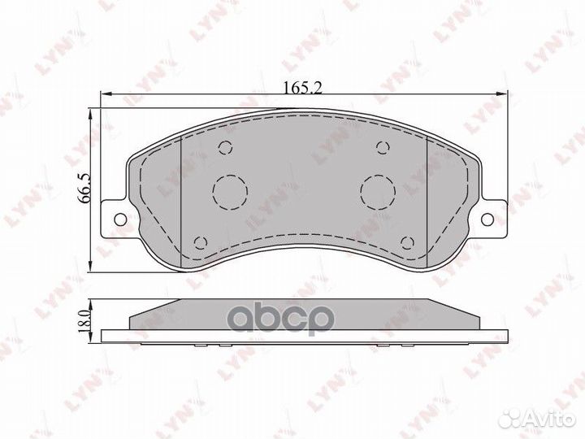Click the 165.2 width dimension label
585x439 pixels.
tap(302, 88)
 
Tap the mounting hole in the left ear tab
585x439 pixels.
tap(120, 219)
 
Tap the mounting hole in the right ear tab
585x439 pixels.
tap(487, 219)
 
